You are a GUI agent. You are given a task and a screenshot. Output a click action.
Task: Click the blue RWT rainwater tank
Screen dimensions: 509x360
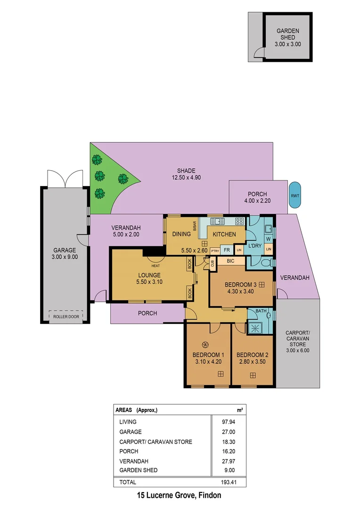(295, 195)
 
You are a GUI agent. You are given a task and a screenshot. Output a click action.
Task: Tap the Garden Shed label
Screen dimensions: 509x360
(287, 37)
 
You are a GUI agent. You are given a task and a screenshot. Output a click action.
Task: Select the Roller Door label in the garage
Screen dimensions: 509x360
(66, 317)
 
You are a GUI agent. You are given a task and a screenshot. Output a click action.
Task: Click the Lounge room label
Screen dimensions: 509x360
(149, 275)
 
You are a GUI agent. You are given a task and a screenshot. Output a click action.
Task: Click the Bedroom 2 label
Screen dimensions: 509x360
(252, 355)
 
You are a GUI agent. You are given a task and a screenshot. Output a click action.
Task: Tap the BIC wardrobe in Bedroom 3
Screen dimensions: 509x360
(230, 261)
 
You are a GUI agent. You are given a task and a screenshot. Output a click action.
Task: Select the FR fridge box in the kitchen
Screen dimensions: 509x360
(227, 250)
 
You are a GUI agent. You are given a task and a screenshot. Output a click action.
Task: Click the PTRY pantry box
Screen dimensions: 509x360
(215, 251)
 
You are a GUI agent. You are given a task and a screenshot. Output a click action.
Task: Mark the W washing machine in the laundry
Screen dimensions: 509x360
(268, 239)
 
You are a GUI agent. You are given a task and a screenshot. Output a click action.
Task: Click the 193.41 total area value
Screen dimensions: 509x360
(233, 482)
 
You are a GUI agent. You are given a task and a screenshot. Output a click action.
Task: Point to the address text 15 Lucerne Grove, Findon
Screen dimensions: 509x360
(179, 495)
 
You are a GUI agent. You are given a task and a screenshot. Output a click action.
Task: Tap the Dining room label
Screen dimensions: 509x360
(181, 234)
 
